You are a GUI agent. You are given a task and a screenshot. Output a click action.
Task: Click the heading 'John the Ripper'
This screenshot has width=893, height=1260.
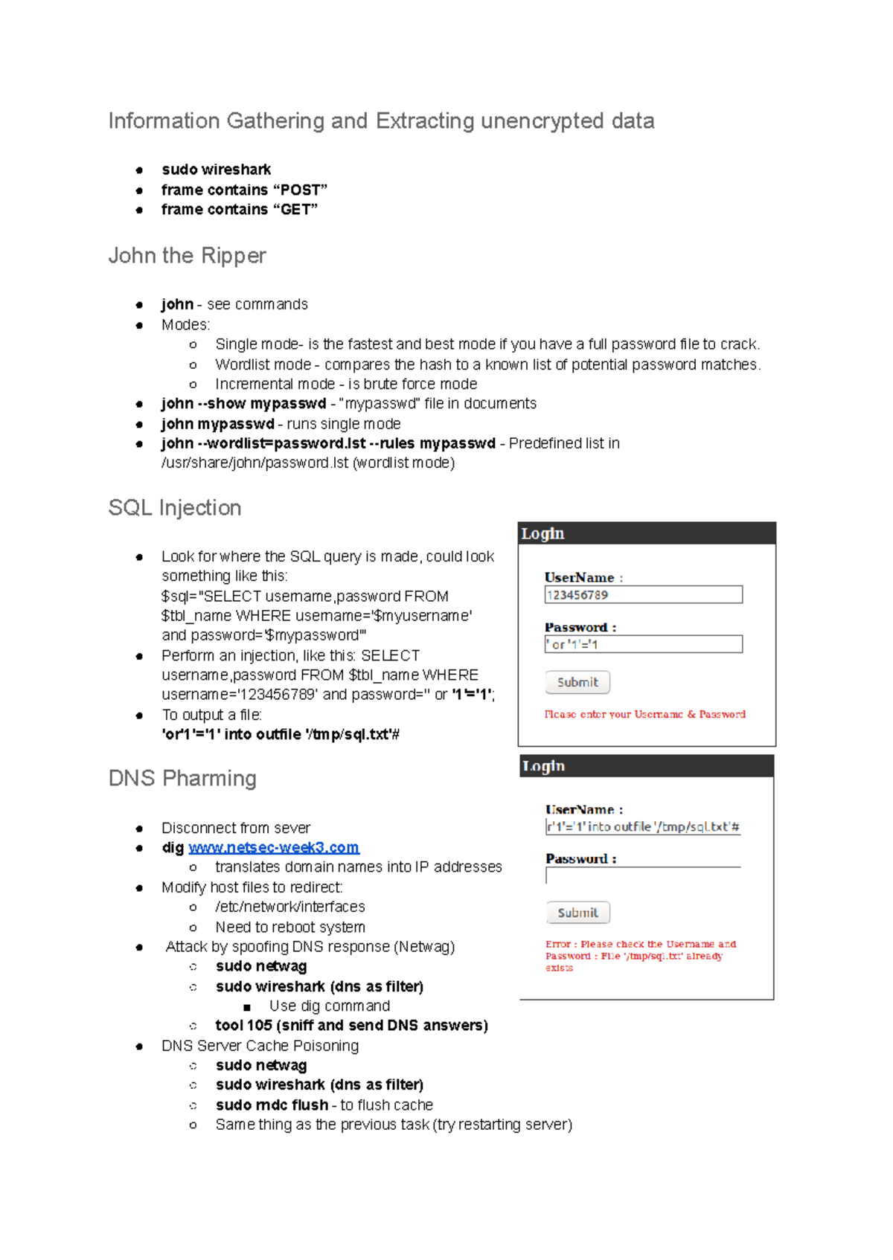coord(187,255)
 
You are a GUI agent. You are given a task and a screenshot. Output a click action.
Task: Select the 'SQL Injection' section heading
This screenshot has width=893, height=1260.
coord(175,507)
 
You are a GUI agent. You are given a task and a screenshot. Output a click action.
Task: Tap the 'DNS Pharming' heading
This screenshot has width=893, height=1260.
coord(182,778)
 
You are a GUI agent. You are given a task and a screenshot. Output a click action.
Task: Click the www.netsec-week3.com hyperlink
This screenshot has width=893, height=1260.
coord(273,847)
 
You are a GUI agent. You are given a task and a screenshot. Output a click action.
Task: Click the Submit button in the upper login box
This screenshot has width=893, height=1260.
coord(577,682)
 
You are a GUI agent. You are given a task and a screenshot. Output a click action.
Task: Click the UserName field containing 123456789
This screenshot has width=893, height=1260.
coord(643,594)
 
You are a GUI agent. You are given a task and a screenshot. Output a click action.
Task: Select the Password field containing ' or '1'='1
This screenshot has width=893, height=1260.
coord(643,644)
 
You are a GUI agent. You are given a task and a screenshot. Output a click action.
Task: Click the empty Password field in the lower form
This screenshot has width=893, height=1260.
coord(643,875)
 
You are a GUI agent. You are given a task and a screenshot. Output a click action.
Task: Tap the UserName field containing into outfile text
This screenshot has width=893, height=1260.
coord(643,826)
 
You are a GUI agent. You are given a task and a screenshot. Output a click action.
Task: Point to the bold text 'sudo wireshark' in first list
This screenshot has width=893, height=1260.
coord(216,170)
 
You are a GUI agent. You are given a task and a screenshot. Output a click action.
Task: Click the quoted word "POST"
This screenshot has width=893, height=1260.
coord(303,190)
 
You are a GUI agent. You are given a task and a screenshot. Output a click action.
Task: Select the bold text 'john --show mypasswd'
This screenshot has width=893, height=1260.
coord(243,403)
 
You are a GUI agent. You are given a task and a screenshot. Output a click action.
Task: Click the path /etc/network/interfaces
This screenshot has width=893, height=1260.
coord(289,907)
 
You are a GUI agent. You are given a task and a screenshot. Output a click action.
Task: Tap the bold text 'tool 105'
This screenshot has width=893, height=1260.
coord(243,1025)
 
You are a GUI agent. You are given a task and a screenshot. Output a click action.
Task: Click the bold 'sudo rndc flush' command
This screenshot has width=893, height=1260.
coord(272,1105)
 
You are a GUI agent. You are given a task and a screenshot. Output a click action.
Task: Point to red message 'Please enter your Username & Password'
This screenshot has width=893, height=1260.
coord(644,714)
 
